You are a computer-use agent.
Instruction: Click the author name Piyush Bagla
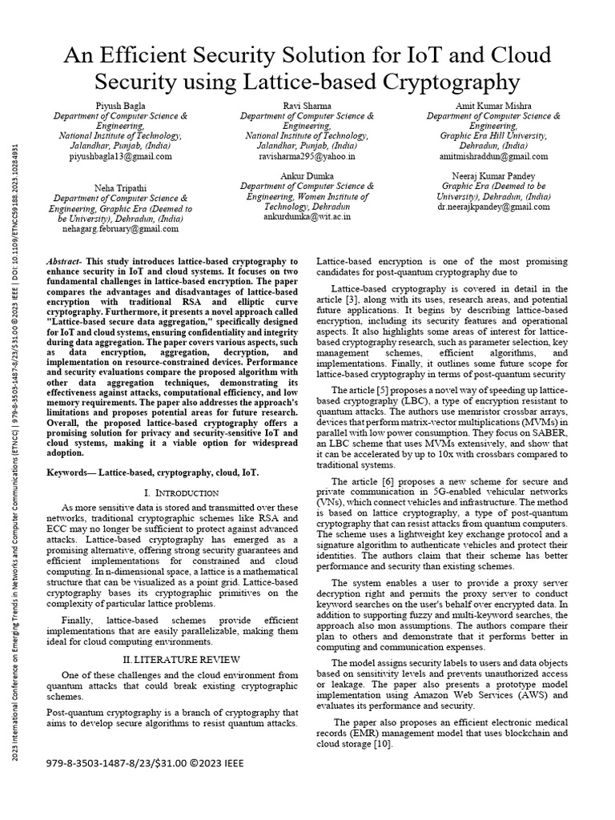(x=121, y=105)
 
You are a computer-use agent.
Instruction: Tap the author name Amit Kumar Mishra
(x=493, y=105)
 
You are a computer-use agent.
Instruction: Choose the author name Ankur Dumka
(x=307, y=175)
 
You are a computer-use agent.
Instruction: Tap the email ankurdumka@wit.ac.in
(x=307, y=216)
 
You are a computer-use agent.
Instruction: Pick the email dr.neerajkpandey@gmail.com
(x=493, y=207)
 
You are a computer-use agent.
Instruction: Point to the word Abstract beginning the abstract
(x=65, y=262)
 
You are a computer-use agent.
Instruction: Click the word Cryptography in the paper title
(x=441, y=81)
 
